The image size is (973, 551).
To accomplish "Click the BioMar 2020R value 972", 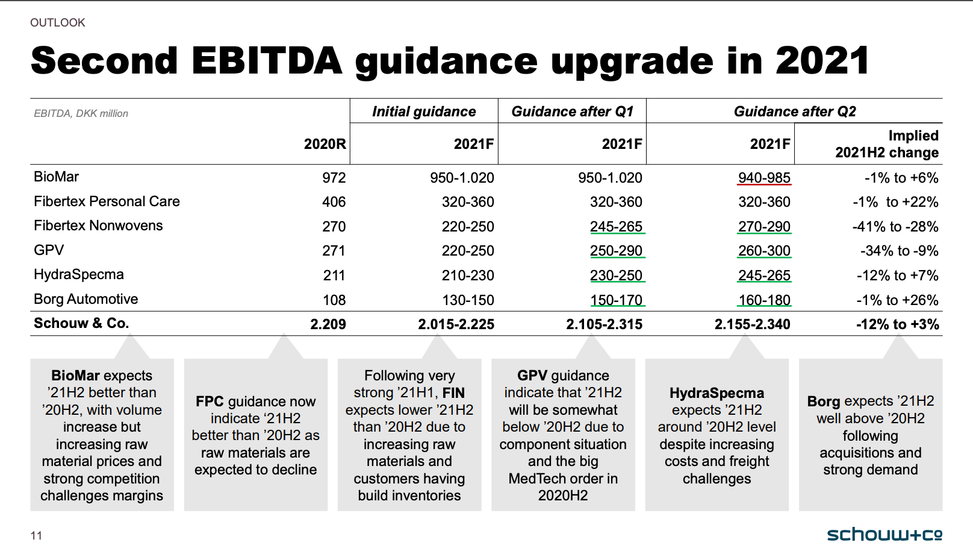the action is pyautogui.click(x=334, y=178).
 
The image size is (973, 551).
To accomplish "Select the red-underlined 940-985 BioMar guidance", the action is pyautogui.click(x=764, y=178).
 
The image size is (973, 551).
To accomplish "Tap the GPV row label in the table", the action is pyautogui.click(x=49, y=250).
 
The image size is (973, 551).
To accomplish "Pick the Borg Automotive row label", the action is pyautogui.click(x=86, y=299).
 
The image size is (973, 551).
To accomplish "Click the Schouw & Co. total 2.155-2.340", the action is pyautogui.click(x=753, y=324).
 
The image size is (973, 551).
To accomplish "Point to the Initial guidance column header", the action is pyautogui.click(x=424, y=112).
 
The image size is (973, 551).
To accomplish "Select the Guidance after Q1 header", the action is pyautogui.click(x=572, y=112).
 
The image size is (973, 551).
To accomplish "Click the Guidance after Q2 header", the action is pyautogui.click(x=794, y=112).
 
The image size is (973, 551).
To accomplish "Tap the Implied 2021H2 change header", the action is pyautogui.click(x=886, y=144).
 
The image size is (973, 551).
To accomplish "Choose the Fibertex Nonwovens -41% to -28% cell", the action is pyautogui.click(x=895, y=227).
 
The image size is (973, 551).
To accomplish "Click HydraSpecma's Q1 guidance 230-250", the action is pyautogui.click(x=616, y=275).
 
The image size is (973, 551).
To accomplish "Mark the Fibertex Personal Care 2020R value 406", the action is pyautogui.click(x=334, y=202).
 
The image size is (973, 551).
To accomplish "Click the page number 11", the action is pyautogui.click(x=37, y=536).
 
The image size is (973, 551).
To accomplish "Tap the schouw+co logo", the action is pyautogui.click(x=884, y=535).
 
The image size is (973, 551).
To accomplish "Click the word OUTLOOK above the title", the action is pyautogui.click(x=58, y=23).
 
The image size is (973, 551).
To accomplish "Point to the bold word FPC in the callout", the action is pyautogui.click(x=210, y=401).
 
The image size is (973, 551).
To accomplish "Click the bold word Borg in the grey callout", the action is pyautogui.click(x=824, y=401).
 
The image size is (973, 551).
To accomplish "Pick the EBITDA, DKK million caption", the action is pyautogui.click(x=81, y=113).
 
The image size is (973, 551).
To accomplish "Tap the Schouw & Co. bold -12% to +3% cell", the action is pyautogui.click(x=897, y=324).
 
